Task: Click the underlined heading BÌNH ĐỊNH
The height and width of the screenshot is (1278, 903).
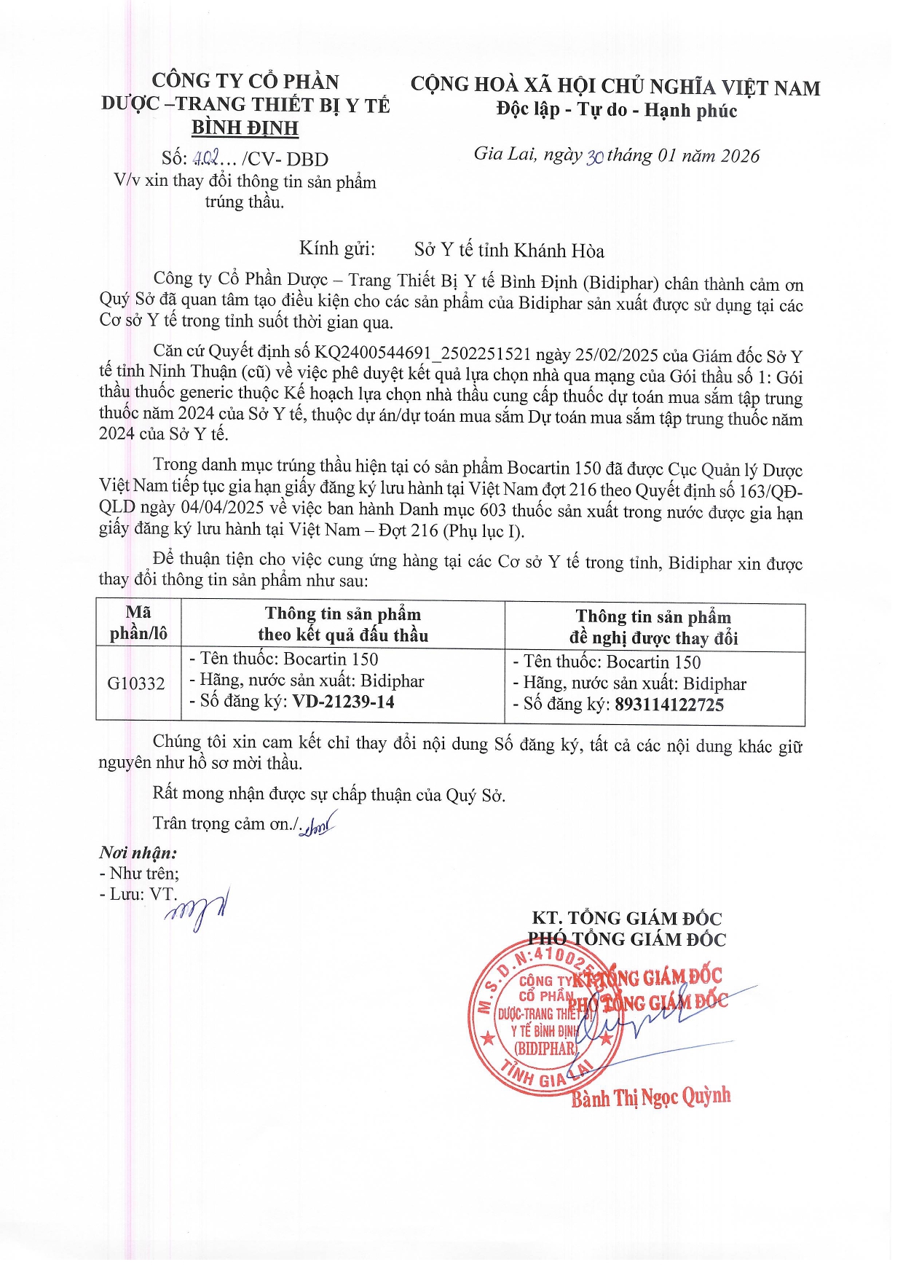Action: pyautogui.click(x=245, y=128)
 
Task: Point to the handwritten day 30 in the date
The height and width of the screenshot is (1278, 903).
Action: pyautogui.click(x=594, y=156)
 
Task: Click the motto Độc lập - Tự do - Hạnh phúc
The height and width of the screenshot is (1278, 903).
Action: pyautogui.click(x=616, y=110)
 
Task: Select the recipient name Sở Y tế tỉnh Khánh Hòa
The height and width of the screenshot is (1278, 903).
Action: pyautogui.click(x=509, y=251)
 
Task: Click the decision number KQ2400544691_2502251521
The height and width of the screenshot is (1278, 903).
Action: pyautogui.click(x=422, y=354)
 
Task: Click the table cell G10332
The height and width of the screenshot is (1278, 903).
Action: pyautogui.click(x=136, y=683)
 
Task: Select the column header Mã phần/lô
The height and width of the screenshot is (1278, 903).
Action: pyautogui.click(x=138, y=623)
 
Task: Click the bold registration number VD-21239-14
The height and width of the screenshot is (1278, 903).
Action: pyautogui.click(x=343, y=702)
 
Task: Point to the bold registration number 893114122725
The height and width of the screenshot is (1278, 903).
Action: pyautogui.click(x=669, y=705)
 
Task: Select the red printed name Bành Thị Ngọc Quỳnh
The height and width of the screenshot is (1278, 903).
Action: pyautogui.click(x=650, y=1097)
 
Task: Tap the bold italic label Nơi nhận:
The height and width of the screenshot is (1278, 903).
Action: pyautogui.click(x=138, y=852)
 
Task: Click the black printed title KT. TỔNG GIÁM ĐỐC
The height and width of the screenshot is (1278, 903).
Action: pyautogui.click(x=626, y=918)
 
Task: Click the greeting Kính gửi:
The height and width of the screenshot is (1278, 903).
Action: pyautogui.click(x=337, y=249)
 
